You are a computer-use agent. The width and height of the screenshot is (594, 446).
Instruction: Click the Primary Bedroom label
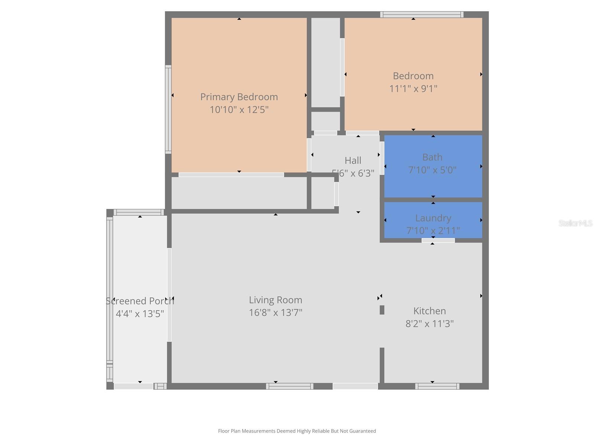239,97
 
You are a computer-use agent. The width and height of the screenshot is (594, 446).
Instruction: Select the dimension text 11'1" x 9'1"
413,89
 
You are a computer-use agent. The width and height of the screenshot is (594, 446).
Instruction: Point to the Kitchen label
430,311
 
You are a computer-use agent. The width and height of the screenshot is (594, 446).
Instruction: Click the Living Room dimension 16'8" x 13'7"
275,313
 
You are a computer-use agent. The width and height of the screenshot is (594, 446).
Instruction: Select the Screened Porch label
140,301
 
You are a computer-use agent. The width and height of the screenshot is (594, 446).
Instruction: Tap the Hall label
353,161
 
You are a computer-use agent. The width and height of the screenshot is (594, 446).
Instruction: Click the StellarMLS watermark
575,223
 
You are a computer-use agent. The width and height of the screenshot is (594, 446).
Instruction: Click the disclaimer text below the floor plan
297,431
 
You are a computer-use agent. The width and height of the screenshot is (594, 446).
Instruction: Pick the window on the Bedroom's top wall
421,15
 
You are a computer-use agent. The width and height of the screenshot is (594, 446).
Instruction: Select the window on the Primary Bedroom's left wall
168,109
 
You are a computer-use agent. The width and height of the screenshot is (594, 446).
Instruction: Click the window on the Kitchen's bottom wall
437,387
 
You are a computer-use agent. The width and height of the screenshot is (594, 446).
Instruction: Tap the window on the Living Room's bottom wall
290,387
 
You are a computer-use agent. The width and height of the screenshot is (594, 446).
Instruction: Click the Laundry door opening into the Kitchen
438,240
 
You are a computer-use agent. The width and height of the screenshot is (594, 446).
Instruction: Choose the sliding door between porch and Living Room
169,295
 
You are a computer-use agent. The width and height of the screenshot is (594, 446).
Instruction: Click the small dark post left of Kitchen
382,310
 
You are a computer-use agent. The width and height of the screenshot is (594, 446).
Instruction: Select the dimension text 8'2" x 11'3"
430,324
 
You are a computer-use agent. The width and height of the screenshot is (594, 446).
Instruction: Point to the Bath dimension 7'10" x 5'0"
433,170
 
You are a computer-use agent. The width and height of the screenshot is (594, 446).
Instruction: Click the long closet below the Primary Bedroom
239,193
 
